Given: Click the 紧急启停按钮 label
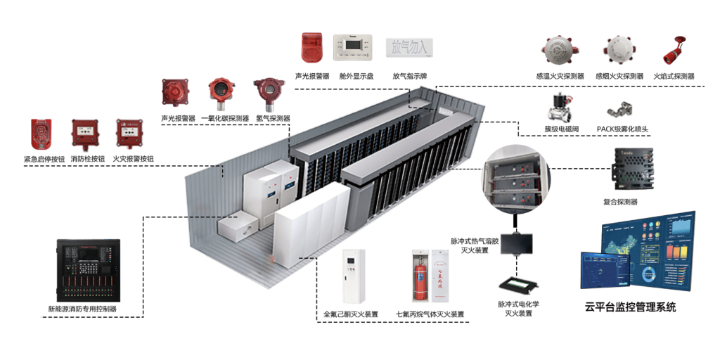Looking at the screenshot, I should tap(46, 160).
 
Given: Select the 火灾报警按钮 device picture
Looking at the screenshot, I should tap(129, 133).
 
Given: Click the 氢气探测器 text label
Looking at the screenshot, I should tap(273, 119).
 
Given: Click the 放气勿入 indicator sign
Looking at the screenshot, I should tap(409, 47).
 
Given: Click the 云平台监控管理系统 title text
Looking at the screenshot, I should tap(630, 307).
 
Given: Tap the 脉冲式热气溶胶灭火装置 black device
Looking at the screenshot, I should tap(517, 243).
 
